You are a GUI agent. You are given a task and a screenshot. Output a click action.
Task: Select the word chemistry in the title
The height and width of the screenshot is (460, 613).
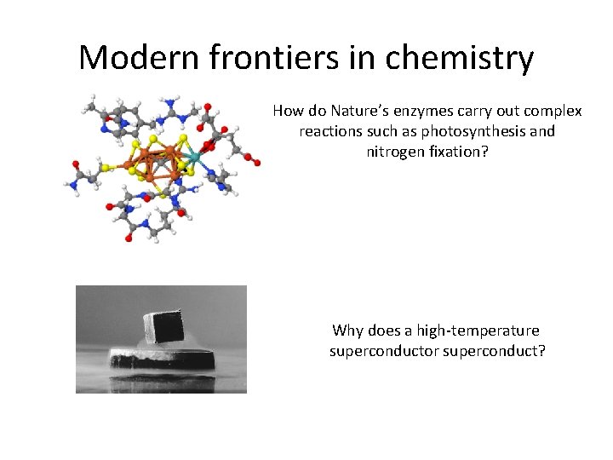[x=460, y=58]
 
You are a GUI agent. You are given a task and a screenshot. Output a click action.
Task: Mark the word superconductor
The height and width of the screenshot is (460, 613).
[x=384, y=350]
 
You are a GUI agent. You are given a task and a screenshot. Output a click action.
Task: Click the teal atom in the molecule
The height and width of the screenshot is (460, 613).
[x=193, y=157]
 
